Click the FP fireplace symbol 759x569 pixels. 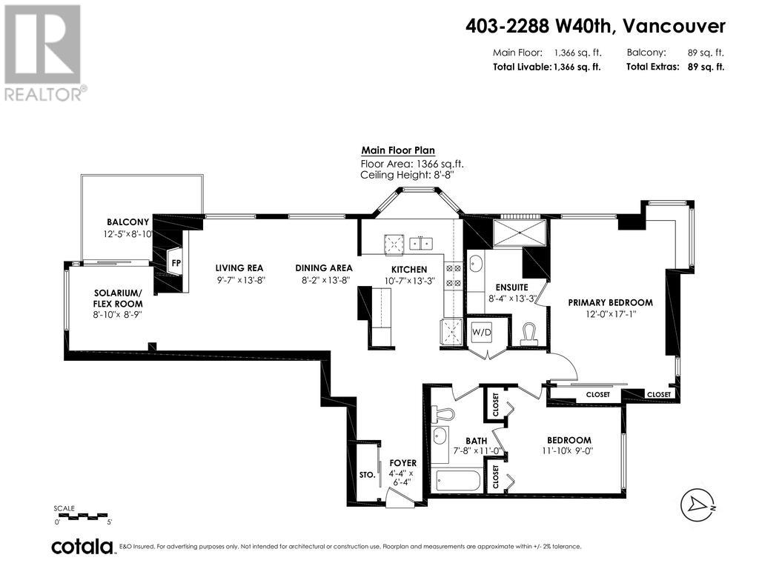[176, 262]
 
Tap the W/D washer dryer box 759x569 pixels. [481, 333]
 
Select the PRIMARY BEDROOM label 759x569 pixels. [610, 302]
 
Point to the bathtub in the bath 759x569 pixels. [457, 481]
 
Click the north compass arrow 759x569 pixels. [699, 505]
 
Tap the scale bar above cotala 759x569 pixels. [82, 516]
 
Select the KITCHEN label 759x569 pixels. [409, 269]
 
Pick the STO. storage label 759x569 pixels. [367, 474]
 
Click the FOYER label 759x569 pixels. [403, 463]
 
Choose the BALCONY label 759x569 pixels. [127, 222]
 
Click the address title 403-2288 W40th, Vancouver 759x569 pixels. [595, 26]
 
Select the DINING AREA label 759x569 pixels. [323, 268]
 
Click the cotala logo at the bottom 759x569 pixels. [82, 547]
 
